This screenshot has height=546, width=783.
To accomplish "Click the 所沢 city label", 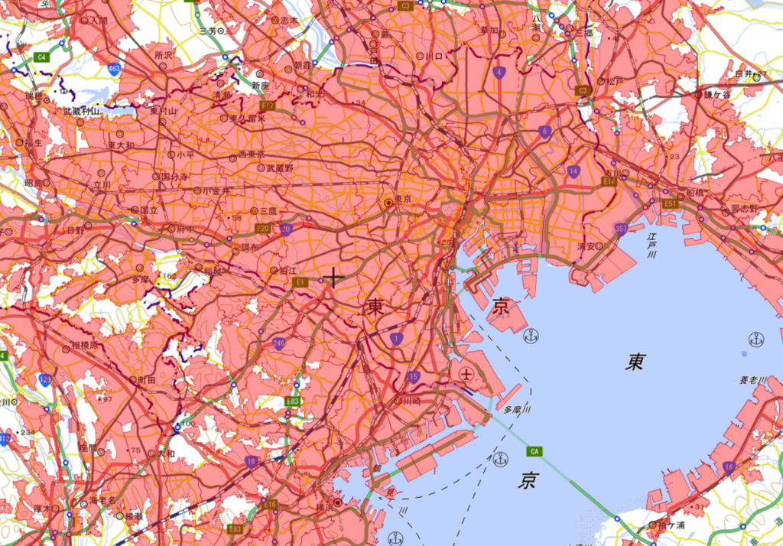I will click(x=164, y=55).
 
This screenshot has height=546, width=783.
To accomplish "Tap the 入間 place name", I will click(x=99, y=20).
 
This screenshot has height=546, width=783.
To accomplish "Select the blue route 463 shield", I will click(x=114, y=70).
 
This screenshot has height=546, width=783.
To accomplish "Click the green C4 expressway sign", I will click(x=42, y=57).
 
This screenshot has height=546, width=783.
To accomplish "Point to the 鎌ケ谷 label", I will click(x=718, y=93).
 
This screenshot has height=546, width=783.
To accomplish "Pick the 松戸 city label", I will click(x=615, y=81).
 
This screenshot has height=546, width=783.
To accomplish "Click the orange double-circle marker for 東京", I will click(x=388, y=203).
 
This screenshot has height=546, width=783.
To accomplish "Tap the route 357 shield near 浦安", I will click(x=620, y=229).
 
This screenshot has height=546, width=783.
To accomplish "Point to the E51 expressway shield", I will click(x=670, y=204).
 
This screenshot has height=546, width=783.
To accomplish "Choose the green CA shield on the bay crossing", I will click(x=534, y=451).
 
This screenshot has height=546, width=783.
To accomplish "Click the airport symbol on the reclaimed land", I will click(x=466, y=374).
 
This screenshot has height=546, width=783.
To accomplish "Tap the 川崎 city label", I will click(x=412, y=400).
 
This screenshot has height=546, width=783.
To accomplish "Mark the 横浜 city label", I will click(x=325, y=506).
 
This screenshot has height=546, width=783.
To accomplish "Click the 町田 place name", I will click(x=146, y=379).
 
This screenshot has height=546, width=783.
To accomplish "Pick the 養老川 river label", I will click(x=752, y=379).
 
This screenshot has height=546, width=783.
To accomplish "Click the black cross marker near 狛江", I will click(x=333, y=278).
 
